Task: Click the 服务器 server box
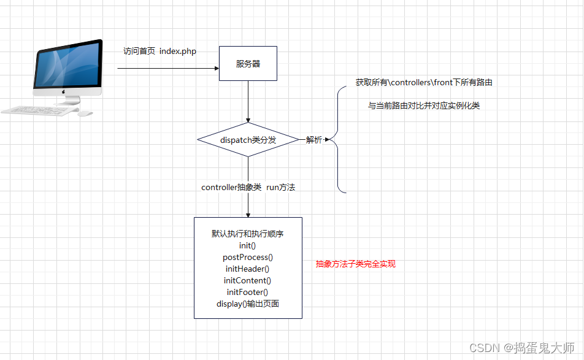click(248, 63)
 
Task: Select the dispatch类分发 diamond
click(248, 140)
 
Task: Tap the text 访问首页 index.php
click(159, 52)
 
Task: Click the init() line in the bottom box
click(248, 245)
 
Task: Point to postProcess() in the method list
click(248, 257)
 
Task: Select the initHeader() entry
click(248, 269)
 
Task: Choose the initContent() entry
click(248, 280)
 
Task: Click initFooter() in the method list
click(248, 292)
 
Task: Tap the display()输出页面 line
click(248, 304)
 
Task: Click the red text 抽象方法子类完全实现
click(356, 264)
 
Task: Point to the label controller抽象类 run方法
click(248, 187)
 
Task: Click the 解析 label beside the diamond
click(313, 140)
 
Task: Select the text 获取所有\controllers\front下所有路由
click(424, 82)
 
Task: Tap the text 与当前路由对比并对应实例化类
click(424, 105)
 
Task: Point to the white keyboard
click(39, 110)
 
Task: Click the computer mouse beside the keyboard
click(86, 113)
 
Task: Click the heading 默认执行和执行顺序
click(248, 234)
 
